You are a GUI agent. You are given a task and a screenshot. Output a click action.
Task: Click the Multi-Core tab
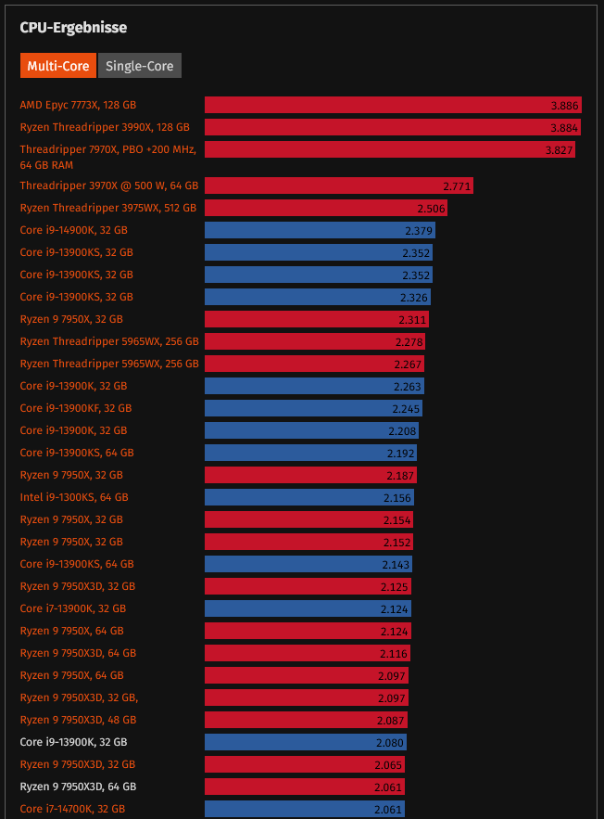[x=58, y=66]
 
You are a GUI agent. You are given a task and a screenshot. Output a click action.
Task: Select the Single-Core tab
[x=140, y=66]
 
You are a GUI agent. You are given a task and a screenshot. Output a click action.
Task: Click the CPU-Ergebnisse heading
[x=73, y=28]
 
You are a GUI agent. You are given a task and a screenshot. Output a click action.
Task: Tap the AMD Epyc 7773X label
[x=84, y=105]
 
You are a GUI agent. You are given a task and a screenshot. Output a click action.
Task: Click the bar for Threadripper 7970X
[x=389, y=149]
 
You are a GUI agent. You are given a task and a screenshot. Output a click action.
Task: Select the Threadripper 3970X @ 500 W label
[x=109, y=186]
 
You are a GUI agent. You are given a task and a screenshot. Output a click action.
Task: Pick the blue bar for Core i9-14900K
[x=320, y=230]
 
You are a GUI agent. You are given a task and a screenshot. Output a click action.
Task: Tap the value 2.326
[x=414, y=297]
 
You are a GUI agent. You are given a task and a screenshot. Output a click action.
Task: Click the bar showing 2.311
[x=316, y=319]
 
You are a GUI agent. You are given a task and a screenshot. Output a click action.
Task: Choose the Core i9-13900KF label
[x=76, y=408]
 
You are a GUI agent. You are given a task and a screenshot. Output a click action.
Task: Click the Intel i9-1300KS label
[x=74, y=497]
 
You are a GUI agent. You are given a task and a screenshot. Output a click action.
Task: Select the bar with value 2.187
[x=310, y=475]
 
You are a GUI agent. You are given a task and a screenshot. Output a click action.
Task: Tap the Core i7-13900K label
[x=73, y=608]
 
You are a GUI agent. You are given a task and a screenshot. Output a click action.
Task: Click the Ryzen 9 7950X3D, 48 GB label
[x=78, y=720]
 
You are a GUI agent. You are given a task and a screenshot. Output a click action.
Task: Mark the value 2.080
[x=390, y=742]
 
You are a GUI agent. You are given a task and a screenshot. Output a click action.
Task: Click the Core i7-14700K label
[x=72, y=809]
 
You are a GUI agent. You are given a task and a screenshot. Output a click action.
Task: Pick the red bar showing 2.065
[x=304, y=764]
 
